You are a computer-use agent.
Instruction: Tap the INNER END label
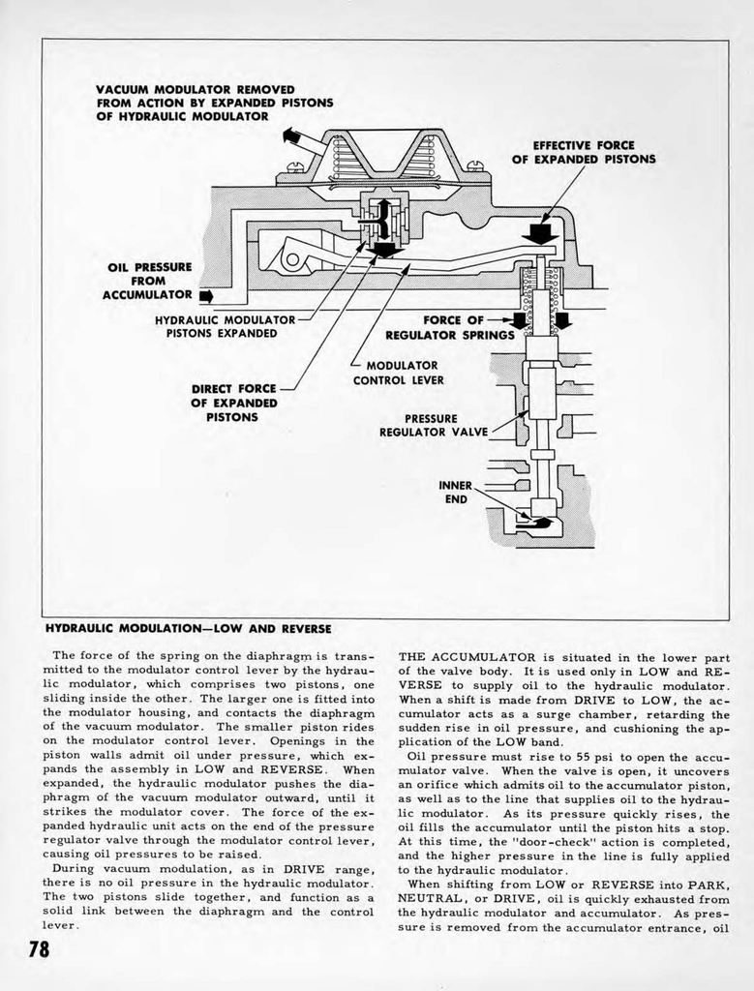click(x=456, y=493)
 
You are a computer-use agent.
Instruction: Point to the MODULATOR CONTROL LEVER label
click(x=398, y=373)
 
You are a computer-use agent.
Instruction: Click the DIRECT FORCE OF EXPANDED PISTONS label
click(x=235, y=403)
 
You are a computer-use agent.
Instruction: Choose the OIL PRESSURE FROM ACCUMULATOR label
click(x=149, y=281)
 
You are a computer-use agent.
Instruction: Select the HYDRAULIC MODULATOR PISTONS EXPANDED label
click(x=225, y=326)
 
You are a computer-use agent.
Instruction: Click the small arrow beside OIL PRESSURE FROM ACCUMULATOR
click(x=205, y=295)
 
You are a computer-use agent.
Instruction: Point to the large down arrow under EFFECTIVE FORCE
click(x=540, y=233)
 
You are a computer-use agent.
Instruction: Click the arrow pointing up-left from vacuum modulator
click(x=291, y=136)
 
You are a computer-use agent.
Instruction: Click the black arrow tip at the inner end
click(x=542, y=523)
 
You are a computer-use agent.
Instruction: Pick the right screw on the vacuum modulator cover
click(x=474, y=166)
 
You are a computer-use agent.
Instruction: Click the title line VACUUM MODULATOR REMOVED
click(x=195, y=90)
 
